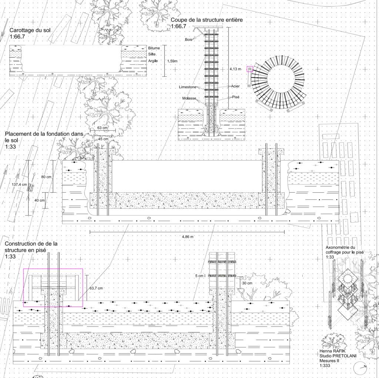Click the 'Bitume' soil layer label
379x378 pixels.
tap(154, 48)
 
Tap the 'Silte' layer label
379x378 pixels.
tap(152, 54)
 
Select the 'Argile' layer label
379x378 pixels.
tap(153, 61)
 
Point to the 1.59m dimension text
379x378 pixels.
tap(172, 61)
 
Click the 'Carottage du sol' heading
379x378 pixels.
tap(30, 30)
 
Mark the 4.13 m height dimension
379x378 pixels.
tap(235, 69)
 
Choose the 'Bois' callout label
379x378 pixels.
tap(188, 39)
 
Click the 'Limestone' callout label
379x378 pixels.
tap(188, 87)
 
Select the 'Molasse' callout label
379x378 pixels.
tap(189, 98)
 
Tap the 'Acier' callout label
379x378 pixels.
tap(235, 86)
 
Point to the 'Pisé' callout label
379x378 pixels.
tap(236, 97)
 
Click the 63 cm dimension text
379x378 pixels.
tap(103, 128)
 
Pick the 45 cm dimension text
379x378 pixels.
tap(103, 139)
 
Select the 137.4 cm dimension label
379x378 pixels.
tap(19, 185)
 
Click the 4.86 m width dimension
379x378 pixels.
tap(188, 237)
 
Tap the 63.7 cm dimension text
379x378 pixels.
tap(96, 288)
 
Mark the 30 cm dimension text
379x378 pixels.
tap(247, 283)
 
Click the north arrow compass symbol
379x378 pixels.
tap(360, 368)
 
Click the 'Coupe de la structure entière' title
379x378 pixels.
tap(207, 20)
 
